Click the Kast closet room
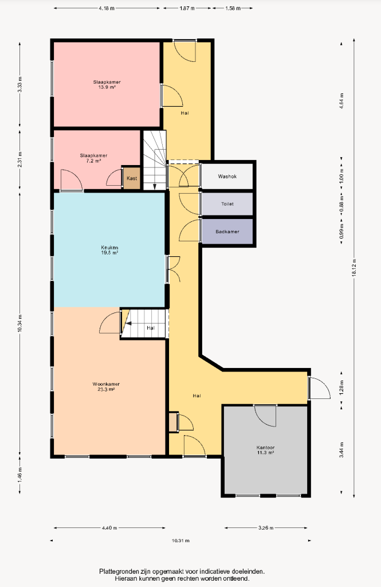pos(132,178)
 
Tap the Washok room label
pos(227,177)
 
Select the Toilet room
pos(227,204)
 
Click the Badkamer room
pos(227,232)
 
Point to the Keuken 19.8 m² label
pos(109,250)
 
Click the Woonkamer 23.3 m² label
pos(107,387)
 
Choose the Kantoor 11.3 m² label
pos(265,450)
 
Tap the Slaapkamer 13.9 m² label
pos(107,85)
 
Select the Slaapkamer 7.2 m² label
pos(93,158)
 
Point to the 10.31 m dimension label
pos(180,541)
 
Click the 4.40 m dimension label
pos(109,528)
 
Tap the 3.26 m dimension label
pos(266,528)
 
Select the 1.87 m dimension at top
pos(187,8)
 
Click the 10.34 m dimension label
pos(20,323)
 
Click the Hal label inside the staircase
pos(151,328)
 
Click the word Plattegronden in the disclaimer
pos(119,572)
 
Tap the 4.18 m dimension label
pos(107,8)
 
